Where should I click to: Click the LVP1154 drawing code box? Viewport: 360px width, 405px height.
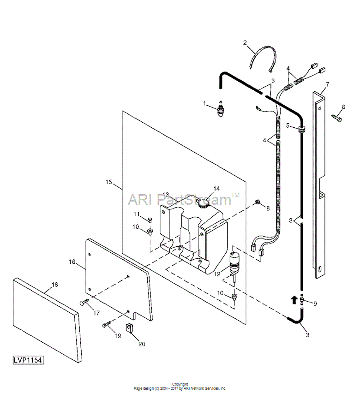(x=28, y=360)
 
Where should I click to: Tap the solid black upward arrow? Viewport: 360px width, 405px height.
(x=294, y=300)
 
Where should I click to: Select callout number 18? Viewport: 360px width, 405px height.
(x=55, y=285)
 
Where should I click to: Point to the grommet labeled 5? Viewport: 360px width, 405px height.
(x=301, y=129)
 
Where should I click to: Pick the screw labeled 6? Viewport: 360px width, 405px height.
(x=336, y=118)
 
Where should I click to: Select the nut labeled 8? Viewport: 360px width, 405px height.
(x=257, y=202)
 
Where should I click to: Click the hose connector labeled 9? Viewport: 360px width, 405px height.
(x=302, y=300)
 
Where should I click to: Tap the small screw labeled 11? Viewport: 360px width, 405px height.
(x=150, y=220)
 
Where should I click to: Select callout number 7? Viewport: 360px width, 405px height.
(x=327, y=84)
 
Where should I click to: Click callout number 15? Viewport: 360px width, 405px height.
(x=109, y=182)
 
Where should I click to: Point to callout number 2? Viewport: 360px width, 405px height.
(x=245, y=43)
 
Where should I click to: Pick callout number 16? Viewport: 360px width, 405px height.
(x=72, y=262)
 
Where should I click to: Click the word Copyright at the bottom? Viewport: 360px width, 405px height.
(x=180, y=384)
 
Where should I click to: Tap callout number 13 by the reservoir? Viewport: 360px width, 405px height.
(x=165, y=195)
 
